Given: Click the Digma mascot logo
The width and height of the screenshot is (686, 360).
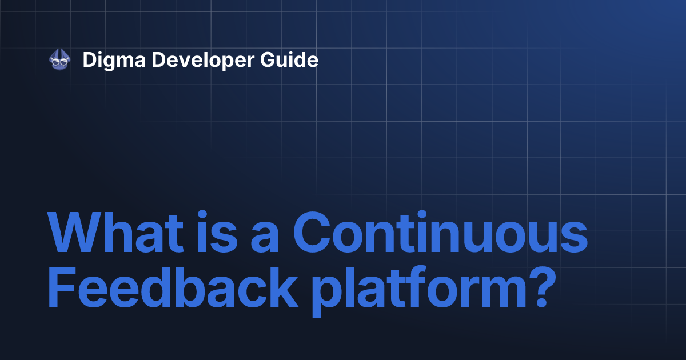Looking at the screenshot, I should pos(59,59).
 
